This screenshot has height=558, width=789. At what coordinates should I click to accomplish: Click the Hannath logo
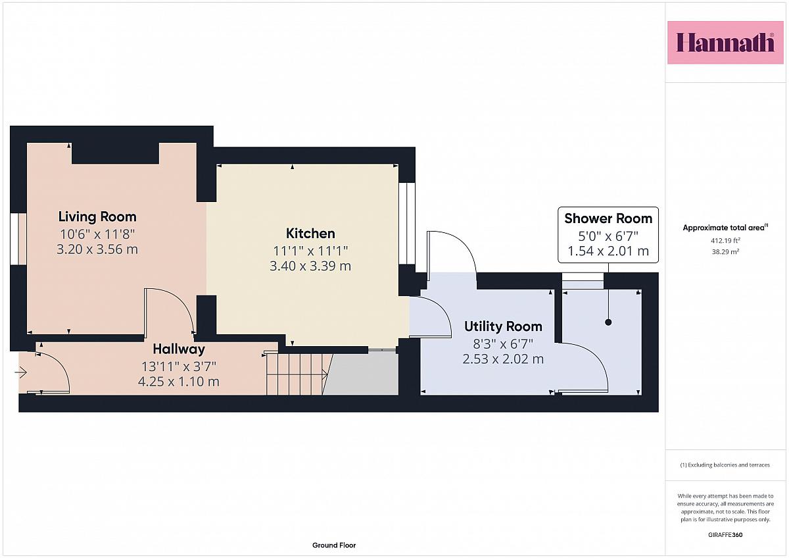tap(725, 43)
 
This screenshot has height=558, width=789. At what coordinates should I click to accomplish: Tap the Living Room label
tap(97, 216)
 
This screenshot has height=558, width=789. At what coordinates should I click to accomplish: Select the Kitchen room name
tap(310, 234)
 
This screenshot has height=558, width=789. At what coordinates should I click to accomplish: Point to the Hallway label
tap(179, 349)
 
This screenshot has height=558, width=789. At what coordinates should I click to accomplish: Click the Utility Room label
tap(503, 326)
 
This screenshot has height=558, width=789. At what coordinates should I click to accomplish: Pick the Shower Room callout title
tap(608, 218)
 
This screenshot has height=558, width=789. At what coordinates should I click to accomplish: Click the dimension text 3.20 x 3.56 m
tap(97, 249)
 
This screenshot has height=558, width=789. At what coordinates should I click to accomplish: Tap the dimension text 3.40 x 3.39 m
tap(310, 266)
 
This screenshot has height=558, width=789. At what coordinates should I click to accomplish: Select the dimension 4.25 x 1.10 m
tap(179, 382)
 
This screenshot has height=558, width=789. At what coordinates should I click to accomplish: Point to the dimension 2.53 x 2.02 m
tap(503, 359)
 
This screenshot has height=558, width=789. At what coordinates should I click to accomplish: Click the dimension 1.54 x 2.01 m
tap(608, 251)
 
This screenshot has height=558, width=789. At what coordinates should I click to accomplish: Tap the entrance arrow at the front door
tap(21, 372)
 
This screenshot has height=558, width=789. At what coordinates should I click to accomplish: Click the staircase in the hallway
tap(299, 374)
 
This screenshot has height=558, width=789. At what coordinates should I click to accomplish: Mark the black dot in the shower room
tap(608, 322)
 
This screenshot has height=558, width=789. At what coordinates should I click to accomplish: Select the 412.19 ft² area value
tap(725, 241)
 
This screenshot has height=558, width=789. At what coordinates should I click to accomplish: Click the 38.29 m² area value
tap(725, 252)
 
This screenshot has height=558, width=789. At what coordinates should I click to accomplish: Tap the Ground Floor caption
tap(334, 545)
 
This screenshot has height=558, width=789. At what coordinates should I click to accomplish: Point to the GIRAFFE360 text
tap(725, 535)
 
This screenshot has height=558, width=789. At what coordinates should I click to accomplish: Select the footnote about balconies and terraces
tap(725, 465)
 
